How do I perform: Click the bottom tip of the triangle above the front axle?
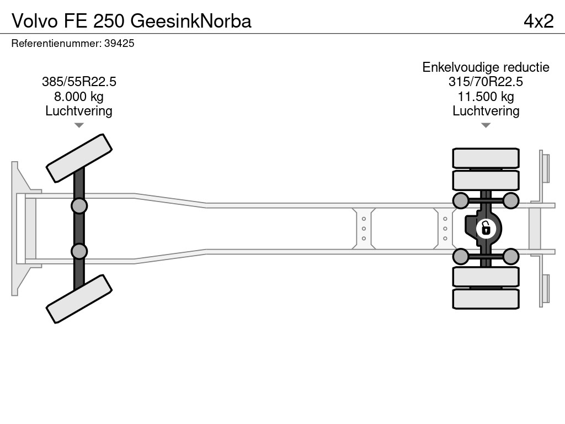point(79,128)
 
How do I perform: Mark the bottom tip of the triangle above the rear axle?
point(486,128)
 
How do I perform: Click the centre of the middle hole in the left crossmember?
point(364,229)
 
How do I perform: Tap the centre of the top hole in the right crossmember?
point(445,219)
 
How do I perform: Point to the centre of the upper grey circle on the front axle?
point(79,206)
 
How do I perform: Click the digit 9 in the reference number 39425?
point(113,43)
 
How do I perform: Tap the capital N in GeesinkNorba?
point(205,21)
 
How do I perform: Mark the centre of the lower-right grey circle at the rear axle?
point(510,257)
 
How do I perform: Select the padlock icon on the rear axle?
point(486,229)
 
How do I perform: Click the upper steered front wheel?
point(79,158)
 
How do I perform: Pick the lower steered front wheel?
point(79,299)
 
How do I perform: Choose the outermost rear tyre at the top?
point(486,158)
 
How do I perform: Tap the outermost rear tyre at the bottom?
point(486,299)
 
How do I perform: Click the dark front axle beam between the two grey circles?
point(79,229)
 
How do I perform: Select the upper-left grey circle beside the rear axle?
point(461,201)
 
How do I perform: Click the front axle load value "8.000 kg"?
point(79,97)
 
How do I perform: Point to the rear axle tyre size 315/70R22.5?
point(486,82)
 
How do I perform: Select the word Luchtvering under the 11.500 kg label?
point(486,111)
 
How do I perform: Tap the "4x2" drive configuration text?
point(539,21)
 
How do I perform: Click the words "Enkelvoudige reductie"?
point(486,67)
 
